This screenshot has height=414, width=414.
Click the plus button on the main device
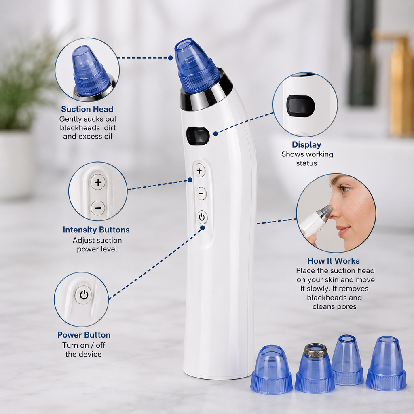(200, 171)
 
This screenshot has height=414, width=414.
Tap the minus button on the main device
(201, 194)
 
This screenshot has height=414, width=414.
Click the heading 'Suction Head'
(87, 109)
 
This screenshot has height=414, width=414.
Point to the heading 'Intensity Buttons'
(96, 230)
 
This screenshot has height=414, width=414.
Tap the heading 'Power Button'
(84, 335)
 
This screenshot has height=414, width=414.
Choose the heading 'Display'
(306, 145)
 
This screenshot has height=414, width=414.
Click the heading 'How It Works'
(334, 261)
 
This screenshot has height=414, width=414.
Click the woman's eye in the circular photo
(344, 189)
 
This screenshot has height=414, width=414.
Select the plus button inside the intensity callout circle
(98, 182)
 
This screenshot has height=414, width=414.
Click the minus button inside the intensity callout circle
(98, 208)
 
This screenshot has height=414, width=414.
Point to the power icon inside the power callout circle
(84, 295)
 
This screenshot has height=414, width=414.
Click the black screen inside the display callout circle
(301, 106)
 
